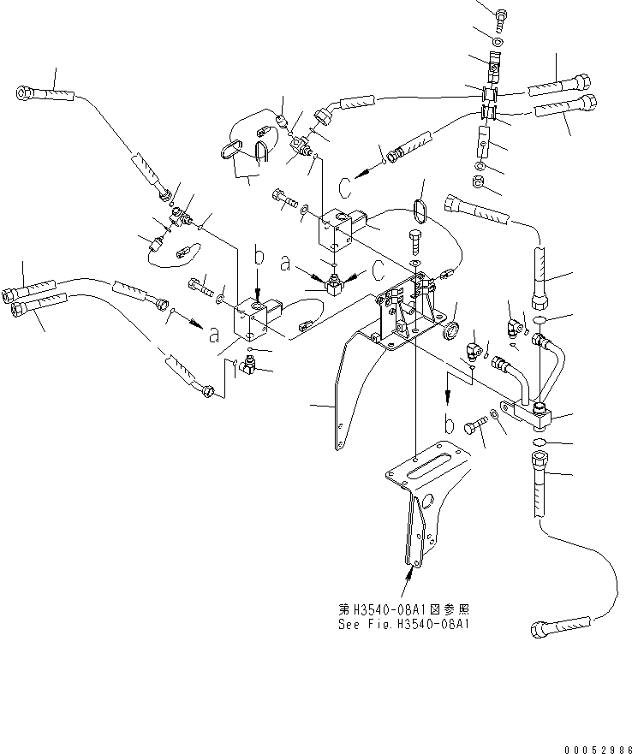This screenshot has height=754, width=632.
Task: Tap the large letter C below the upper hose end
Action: coord(343,186)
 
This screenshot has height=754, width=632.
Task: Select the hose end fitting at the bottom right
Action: coord(545,628)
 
